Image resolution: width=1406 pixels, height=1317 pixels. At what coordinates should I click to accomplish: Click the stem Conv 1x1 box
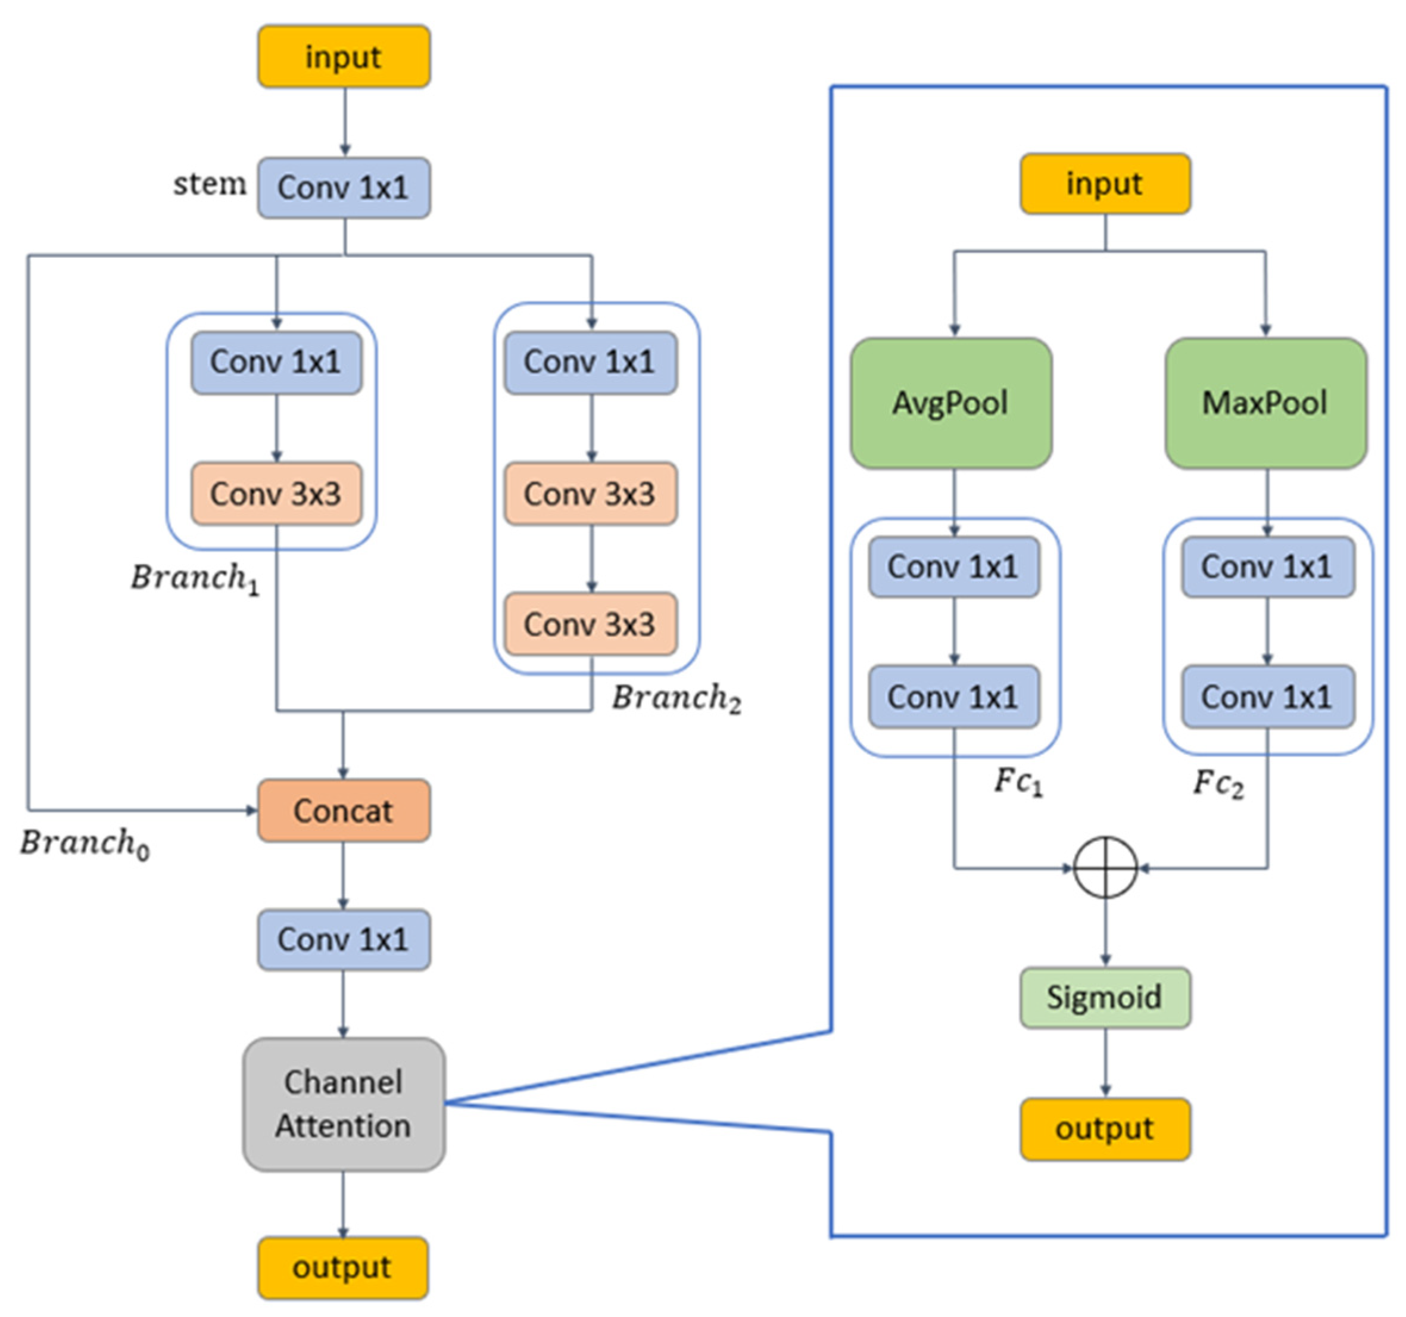[x=344, y=188]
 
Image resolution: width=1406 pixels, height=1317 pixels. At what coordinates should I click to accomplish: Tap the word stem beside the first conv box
[x=210, y=184]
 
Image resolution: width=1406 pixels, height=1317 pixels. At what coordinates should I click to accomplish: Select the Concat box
[x=344, y=811]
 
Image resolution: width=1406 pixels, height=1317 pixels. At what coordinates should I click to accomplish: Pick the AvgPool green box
[x=950, y=403]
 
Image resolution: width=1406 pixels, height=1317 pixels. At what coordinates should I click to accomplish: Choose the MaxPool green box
[x=1265, y=403]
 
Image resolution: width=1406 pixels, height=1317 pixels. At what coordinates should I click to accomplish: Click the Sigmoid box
[x=1105, y=997]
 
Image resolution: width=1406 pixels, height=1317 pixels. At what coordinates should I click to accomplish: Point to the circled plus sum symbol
[x=1105, y=867]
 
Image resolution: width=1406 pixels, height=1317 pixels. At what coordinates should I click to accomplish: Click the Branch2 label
[x=676, y=698]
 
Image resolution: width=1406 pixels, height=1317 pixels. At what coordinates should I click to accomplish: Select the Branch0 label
[x=84, y=843]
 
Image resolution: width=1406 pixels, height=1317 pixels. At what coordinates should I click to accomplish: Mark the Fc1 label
[x=1018, y=782]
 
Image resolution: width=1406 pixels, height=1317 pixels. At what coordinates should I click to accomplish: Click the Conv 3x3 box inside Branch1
[x=276, y=494]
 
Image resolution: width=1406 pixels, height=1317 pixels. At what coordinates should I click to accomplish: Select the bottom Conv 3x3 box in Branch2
[x=590, y=624]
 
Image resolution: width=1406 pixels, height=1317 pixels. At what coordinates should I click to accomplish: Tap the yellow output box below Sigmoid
[x=1105, y=1129]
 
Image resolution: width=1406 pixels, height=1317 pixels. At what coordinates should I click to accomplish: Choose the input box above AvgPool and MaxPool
[x=1105, y=184]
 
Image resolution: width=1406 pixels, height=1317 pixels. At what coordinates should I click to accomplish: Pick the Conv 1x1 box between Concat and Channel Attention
[x=344, y=939]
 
